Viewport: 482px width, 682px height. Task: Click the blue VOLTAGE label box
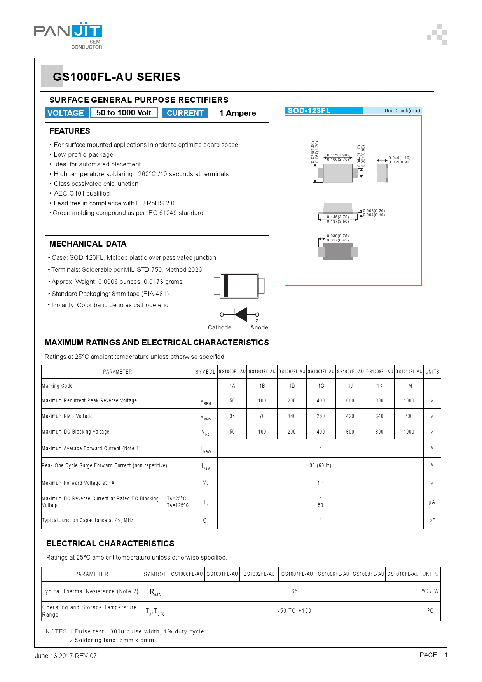point(66,113)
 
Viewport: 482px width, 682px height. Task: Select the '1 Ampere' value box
point(238,113)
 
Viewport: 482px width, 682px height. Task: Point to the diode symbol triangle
point(241,314)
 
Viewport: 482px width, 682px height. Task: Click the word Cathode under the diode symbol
point(220,327)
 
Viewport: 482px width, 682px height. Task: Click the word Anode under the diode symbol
point(259,327)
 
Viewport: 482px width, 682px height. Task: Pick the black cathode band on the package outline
point(225,286)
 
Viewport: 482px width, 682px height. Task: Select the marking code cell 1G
point(321,386)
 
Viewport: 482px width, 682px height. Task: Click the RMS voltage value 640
point(379,416)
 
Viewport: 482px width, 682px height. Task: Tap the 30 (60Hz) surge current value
point(320,465)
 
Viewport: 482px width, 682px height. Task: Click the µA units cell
point(432,502)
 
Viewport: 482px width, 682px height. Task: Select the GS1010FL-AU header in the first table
point(409,372)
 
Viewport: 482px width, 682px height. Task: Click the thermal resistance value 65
point(295,591)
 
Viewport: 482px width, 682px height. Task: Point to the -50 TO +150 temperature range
point(294,611)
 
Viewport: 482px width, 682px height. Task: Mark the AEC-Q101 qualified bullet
point(82,193)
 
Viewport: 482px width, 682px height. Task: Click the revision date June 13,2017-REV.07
point(66,656)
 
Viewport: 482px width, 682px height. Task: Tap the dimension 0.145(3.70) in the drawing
point(338,217)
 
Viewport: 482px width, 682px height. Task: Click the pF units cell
point(432,520)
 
